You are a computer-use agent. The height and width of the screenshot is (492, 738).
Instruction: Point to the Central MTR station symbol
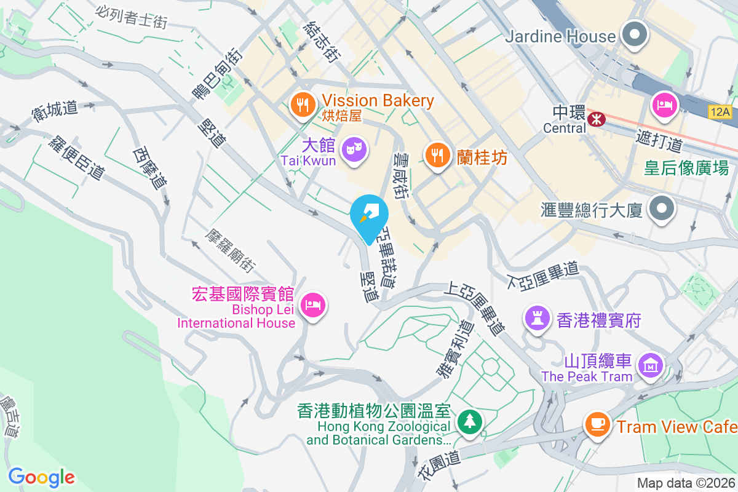pos(596,119)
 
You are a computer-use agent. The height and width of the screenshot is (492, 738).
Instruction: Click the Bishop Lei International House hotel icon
pos(313,304)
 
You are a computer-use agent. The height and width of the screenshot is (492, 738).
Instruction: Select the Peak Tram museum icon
pos(649,365)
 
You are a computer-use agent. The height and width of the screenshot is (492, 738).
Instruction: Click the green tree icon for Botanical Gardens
pos(470,421)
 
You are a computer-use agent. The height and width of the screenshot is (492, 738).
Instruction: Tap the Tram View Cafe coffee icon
pos(597,423)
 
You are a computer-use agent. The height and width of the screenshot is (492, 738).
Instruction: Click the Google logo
pos(41,477)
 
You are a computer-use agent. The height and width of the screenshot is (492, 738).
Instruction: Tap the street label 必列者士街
pos(132,17)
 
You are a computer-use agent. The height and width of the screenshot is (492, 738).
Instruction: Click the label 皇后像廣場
pos(686,167)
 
